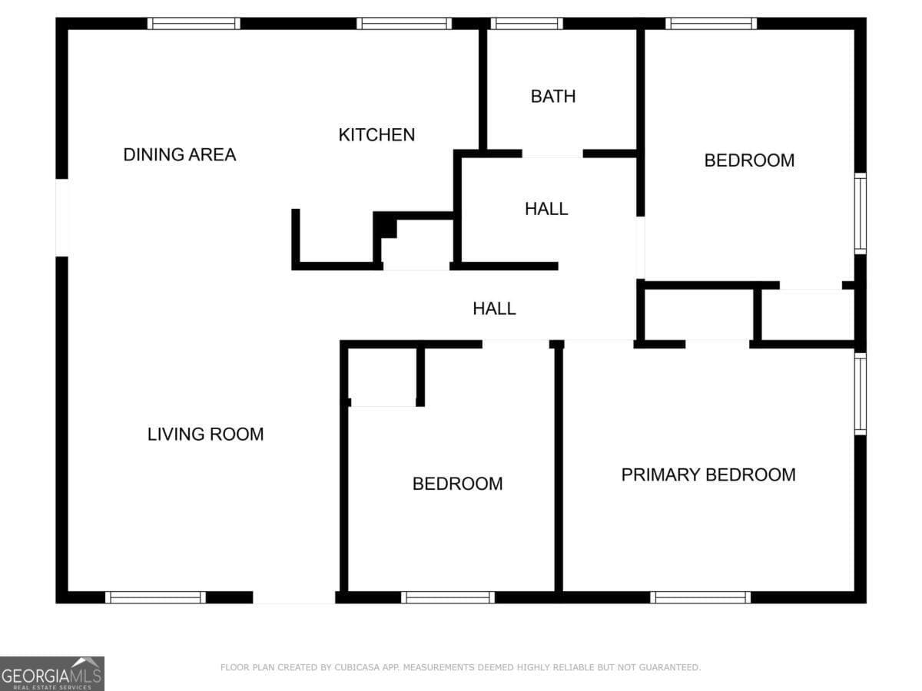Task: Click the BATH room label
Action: pyautogui.click(x=552, y=97)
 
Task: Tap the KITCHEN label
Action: pyautogui.click(x=376, y=135)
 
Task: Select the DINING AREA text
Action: pyautogui.click(x=179, y=155)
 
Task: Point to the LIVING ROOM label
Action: pyautogui.click(x=205, y=435)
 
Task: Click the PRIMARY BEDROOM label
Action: pyautogui.click(x=708, y=475)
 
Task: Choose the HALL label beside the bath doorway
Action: pyautogui.click(x=546, y=209)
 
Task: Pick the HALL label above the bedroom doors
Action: pyautogui.click(x=494, y=309)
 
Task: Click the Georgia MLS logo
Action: pyautogui.click(x=52, y=674)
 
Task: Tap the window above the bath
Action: pyautogui.click(x=526, y=24)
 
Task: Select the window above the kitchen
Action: pyautogui.click(x=404, y=24)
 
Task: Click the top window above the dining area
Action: pyautogui.click(x=194, y=24)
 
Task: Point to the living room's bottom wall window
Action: pyautogui.click(x=155, y=597)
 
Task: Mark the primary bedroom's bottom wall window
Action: pyautogui.click(x=700, y=597)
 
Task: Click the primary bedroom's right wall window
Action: pyautogui.click(x=861, y=394)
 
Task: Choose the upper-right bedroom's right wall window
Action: pyautogui.click(x=861, y=213)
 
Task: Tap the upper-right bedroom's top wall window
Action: pyautogui.click(x=711, y=24)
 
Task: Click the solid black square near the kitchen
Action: pyautogui.click(x=386, y=226)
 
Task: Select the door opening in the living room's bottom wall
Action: pyautogui.click(x=294, y=597)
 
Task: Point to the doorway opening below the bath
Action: pyautogui.click(x=552, y=154)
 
